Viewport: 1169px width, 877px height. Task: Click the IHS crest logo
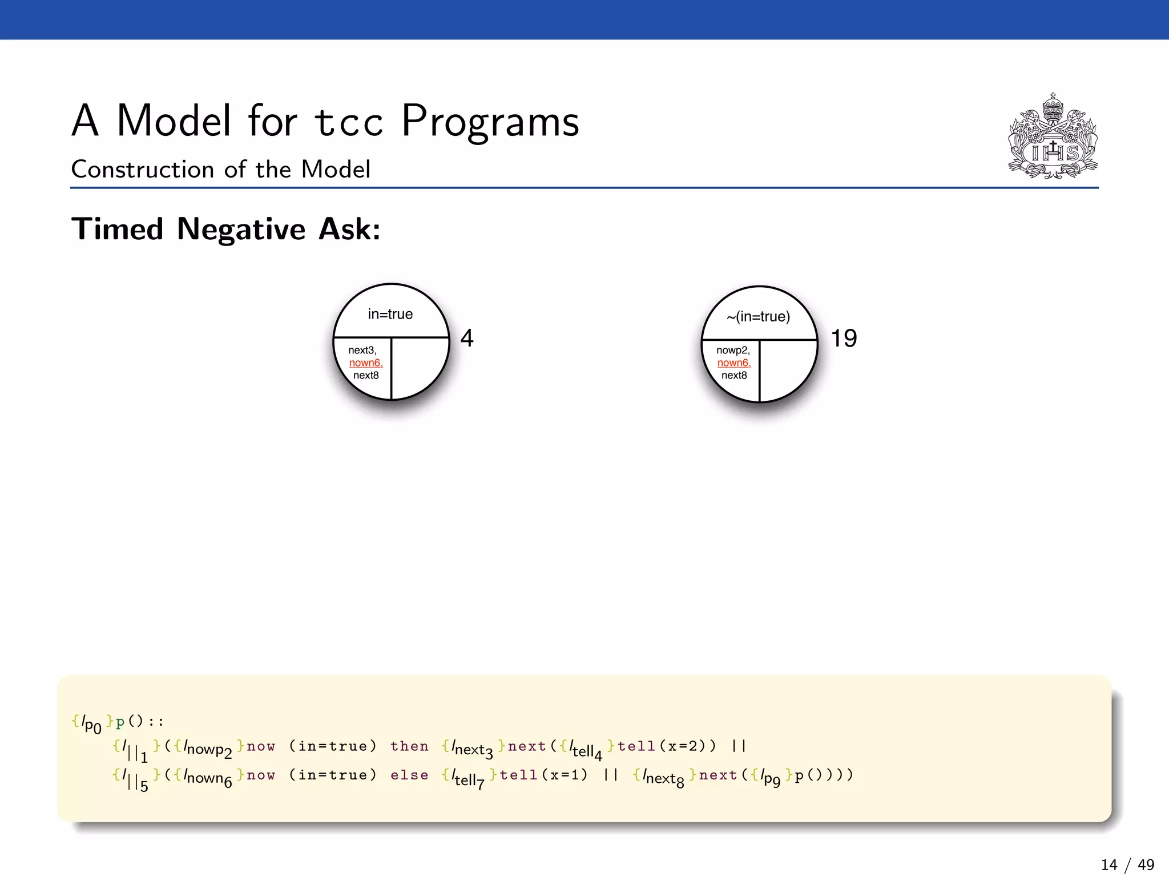click(1053, 137)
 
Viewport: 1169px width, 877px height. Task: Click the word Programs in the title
click(490, 121)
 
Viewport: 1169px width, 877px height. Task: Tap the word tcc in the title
click(349, 122)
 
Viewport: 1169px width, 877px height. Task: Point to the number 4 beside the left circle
click(467, 338)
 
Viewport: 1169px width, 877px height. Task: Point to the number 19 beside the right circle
click(844, 338)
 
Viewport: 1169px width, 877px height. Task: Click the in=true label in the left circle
click(390, 314)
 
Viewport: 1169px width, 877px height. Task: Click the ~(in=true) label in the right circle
click(758, 316)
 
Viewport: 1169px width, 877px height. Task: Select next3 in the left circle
click(362, 350)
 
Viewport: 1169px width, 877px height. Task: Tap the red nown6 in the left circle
click(365, 363)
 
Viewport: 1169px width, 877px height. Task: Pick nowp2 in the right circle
click(733, 350)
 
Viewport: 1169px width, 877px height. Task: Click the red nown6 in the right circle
click(733, 363)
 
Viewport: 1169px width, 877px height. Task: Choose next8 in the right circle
click(734, 375)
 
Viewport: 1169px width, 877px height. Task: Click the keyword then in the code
click(409, 746)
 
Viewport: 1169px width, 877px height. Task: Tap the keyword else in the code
click(409, 775)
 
